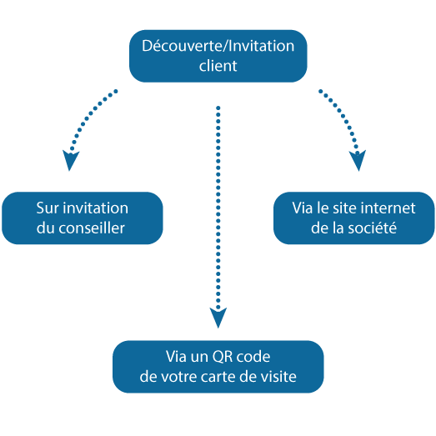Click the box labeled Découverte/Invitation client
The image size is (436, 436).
(218, 56)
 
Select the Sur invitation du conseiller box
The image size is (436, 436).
(82, 218)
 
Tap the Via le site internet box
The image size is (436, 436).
(354, 218)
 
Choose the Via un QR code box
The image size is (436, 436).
(218, 366)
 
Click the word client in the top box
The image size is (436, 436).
(218, 66)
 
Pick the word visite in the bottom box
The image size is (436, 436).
(276, 376)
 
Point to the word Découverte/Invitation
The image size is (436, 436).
(218, 46)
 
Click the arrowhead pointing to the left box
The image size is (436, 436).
(72, 161)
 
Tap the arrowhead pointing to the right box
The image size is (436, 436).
(358, 161)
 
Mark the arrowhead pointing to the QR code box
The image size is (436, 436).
(218, 318)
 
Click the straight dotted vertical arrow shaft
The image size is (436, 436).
(218, 208)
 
